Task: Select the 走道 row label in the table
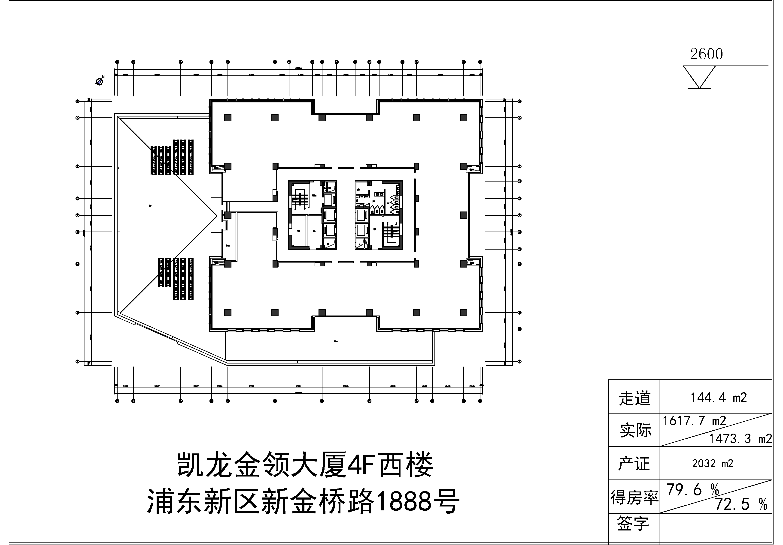[x=634, y=398]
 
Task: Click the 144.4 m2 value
[x=719, y=398]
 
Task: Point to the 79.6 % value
[x=692, y=490]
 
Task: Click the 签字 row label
[x=633, y=524]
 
